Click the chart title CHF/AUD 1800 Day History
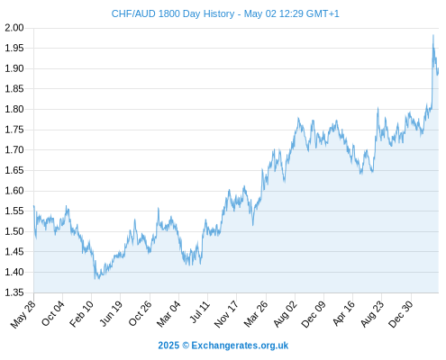pyautogui.click(x=173, y=13)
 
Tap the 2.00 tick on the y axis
pyautogui.click(x=14, y=28)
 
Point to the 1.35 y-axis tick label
pyautogui.click(x=14, y=292)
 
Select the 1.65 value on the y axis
pyautogui.click(x=14, y=170)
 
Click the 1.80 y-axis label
pyautogui.click(x=14, y=109)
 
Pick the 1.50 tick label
pyautogui.click(x=14, y=231)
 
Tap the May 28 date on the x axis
pyautogui.click(x=23, y=314)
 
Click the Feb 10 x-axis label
pyautogui.click(x=81, y=313)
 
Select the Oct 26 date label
pyautogui.click(x=140, y=313)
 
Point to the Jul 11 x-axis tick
pyautogui.click(x=199, y=311)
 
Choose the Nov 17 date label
pyautogui.click(x=226, y=314)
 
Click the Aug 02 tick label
pyautogui.click(x=285, y=314)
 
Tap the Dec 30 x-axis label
pyautogui.click(x=401, y=314)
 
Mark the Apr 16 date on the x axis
pyautogui.click(x=344, y=313)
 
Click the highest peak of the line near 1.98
pyautogui.click(x=433, y=35)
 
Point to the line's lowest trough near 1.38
pyautogui.click(x=96, y=279)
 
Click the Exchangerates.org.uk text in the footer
pyautogui.click(x=240, y=346)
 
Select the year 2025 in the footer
pyautogui.click(x=168, y=346)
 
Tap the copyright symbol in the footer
pyautogui.click(x=186, y=346)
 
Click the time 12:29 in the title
pyautogui.click(x=291, y=13)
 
